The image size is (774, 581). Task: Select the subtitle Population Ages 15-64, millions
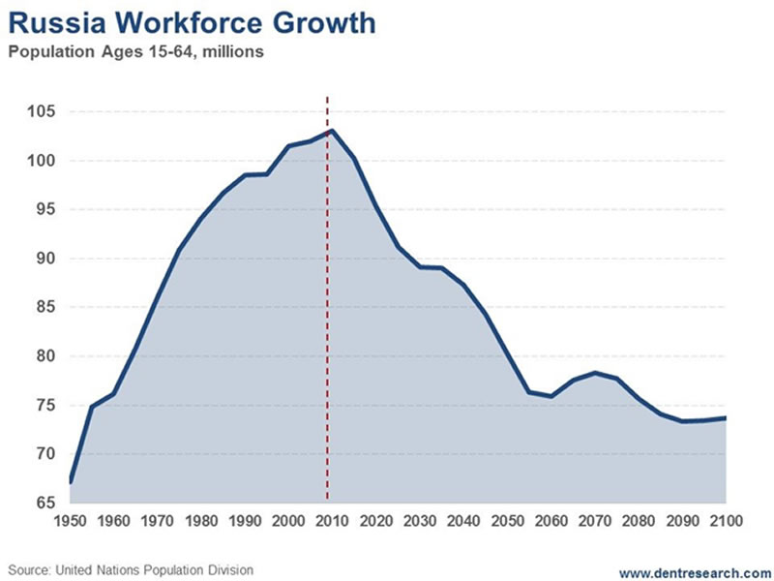pos(135,51)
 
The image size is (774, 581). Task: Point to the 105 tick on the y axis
pos(42,112)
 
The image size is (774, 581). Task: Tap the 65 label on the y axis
pos(42,503)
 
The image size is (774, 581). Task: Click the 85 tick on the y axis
pos(42,307)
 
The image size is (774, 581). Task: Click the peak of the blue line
pos(332,131)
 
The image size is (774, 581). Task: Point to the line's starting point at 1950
pos(71,481)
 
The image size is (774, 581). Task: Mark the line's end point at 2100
pos(725,417)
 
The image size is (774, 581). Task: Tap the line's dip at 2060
pos(551,396)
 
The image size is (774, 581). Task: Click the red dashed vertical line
pos(327,290)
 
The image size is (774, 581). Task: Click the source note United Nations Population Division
pos(132,570)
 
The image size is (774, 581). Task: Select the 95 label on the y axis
pos(42,210)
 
